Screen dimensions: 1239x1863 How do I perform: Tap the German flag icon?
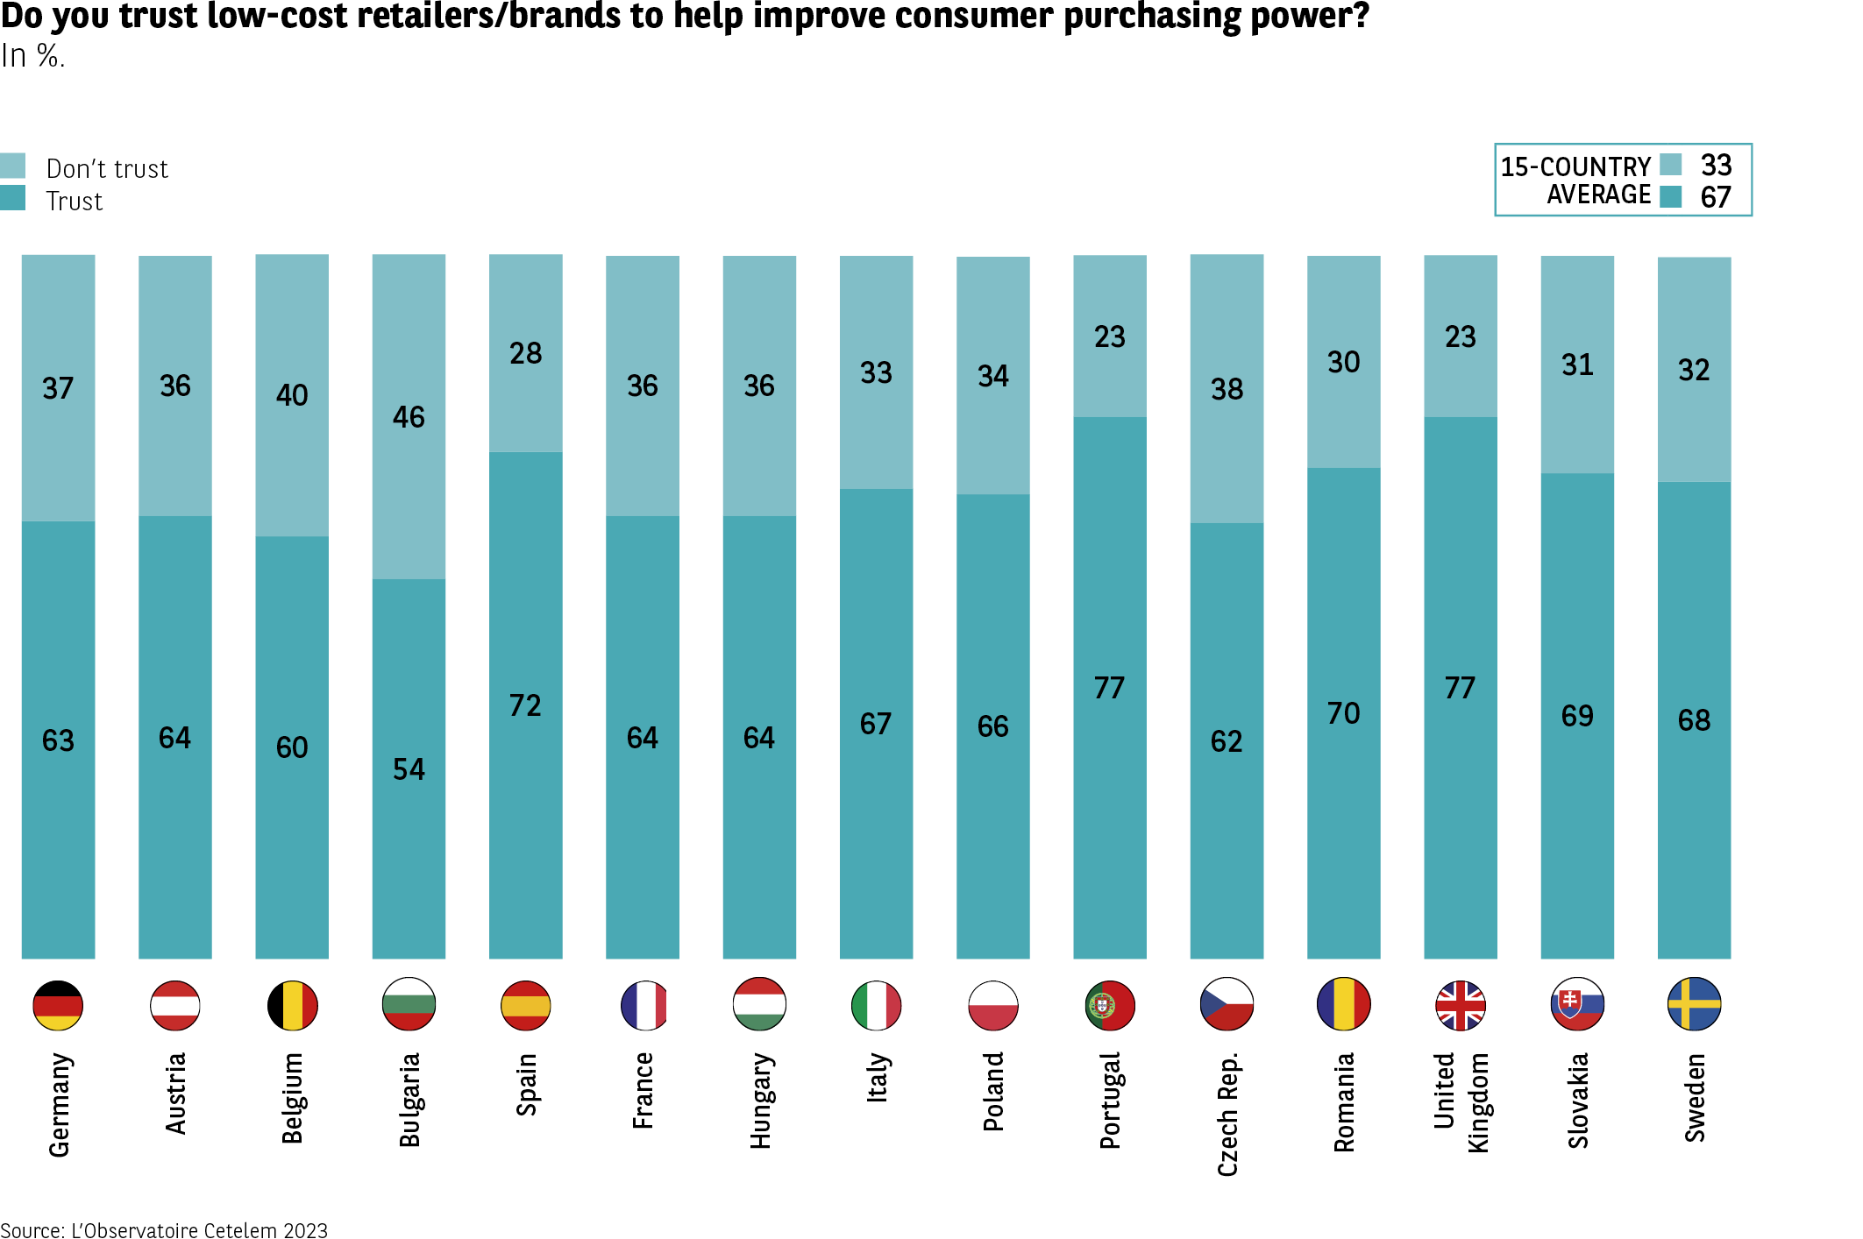pyautogui.click(x=58, y=1005)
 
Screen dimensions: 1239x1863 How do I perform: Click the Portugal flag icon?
pyautogui.click(x=1109, y=1005)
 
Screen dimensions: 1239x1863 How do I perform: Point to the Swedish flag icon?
pyautogui.click(x=1694, y=1004)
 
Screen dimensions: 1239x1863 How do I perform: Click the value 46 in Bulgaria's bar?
pyautogui.click(x=409, y=417)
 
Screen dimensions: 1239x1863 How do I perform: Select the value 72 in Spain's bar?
pyautogui.click(x=525, y=705)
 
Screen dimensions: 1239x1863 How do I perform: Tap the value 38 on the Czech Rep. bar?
pyautogui.click(x=1227, y=389)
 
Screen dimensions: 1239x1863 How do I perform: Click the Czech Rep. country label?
pyautogui.click(x=1227, y=1114)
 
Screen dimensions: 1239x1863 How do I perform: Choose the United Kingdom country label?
pyautogui.click(x=1461, y=1102)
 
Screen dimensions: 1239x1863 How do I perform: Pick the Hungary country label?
pyautogui.click(x=760, y=1101)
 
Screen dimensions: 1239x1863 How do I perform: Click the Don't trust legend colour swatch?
pyautogui.click(x=13, y=166)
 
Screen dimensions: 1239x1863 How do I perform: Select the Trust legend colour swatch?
pyautogui.click(x=13, y=198)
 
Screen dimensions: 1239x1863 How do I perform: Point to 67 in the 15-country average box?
pyautogui.click(x=1716, y=198)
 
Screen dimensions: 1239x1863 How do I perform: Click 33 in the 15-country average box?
pyautogui.click(x=1716, y=165)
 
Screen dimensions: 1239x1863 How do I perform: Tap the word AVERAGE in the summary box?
pyautogui.click(x=1598, y=195)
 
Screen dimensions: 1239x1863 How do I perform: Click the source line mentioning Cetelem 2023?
pyautogui.click(x=164, y=1230)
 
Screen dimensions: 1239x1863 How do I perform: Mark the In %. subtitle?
pyautogui.click(x=33, y=56)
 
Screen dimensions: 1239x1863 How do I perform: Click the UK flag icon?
pyautogui.click(x=1460, y=1005)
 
